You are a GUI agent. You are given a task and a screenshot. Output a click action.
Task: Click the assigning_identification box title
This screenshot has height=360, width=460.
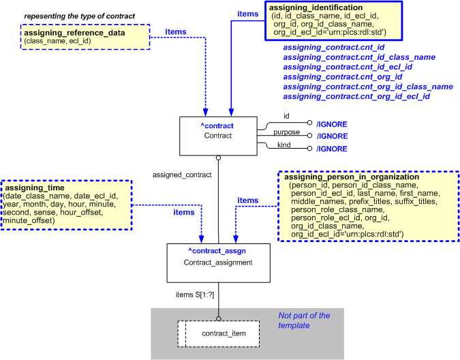(324, 7)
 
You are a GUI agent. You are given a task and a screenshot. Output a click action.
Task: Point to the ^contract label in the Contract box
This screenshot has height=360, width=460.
(216, 126)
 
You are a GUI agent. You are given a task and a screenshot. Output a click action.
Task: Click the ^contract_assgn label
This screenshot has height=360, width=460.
(217, 251)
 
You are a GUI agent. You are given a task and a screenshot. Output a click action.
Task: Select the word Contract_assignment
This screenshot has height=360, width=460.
(217, 262)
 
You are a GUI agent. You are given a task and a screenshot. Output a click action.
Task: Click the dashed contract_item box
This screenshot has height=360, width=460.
(218, 334)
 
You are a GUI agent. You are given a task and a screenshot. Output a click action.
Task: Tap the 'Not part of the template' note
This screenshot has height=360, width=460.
(304, 320)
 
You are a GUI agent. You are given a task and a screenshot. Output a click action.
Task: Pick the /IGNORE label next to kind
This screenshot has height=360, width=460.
(331, 149)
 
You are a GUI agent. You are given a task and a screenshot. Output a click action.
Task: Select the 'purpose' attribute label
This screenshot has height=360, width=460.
(286, 132)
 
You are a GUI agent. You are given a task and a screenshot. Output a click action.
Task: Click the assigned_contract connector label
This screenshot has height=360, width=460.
(183, 175)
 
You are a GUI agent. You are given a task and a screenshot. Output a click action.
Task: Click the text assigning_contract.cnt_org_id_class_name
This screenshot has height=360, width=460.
(368, 87)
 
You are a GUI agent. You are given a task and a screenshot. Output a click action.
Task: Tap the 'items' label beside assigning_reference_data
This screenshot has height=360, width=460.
(176, 31)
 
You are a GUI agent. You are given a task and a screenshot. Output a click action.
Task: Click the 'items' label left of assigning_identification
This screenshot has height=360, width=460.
(247, 13)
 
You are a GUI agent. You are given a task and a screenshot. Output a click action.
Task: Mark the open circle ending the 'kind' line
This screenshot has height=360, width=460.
(310, 149)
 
